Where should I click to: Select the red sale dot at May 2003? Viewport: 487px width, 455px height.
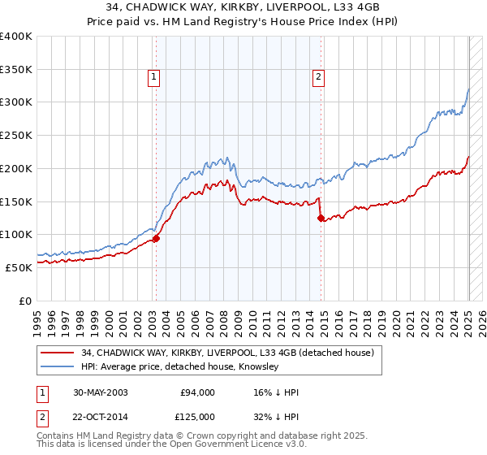click(x=157, y=238)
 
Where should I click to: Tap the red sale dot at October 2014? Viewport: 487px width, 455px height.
click(x=321, y=218)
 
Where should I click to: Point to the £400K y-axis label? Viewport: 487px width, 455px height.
click(x=16, y=37)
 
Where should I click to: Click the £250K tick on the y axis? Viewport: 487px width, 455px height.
click(x=16, y=136)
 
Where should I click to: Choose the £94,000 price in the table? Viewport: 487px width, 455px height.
click(x=197, y=392)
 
